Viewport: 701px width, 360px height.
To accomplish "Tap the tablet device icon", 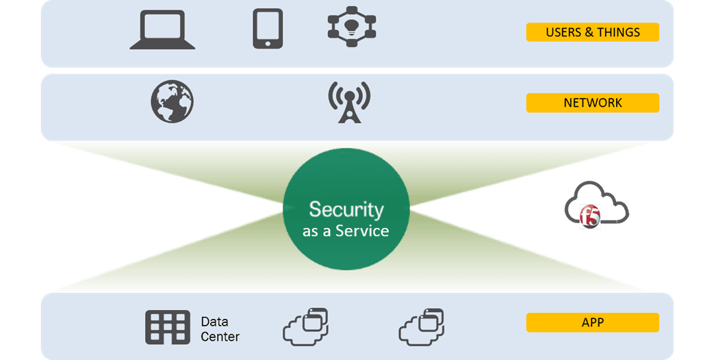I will pyautogui.click(x=268, y=29).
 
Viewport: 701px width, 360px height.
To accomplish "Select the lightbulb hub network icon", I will pyautogui.click(x=352, y=27).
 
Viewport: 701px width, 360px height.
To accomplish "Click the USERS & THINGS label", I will pyautogui.click(x=592, y=32).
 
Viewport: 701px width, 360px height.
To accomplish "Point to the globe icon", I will pyautogui.click(x=172, y=102).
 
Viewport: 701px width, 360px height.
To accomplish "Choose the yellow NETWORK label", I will pyautogui.click(x=592, y=103).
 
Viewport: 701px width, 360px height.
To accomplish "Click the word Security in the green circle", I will pyautogui.click(x=346, y=209).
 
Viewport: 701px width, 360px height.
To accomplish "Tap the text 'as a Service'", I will pyautogui.click(x=346, y=231).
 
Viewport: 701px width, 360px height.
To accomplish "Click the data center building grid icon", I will pyautogui.click(x=168, y=328).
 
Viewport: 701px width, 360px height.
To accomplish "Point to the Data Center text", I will pyautogui.click(x=220, y=329).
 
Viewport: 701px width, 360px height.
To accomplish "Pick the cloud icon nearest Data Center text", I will pyautogui.click(x=306, y=326).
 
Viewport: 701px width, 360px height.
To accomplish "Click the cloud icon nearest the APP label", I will pyautogui.click(x=422, y=326).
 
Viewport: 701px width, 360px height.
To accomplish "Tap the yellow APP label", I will pyautogui.click(x=592, y=322).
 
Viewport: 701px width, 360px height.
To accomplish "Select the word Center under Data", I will pyautogui.click(x=220, y=337).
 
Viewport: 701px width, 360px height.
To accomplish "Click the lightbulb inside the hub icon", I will pyautogui.click(x=352, y=27).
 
